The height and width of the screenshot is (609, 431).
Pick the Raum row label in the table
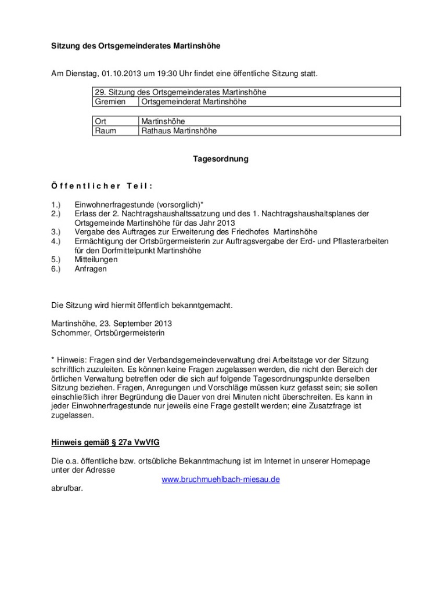click(x=105, y=131)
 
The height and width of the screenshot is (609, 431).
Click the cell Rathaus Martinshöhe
click(x=179, y=131)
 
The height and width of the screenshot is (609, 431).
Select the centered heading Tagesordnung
click(x=221, y=159)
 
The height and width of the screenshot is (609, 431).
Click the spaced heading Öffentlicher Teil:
click(x=102, y=186)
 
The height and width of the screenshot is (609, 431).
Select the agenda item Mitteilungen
click(x=96, y=260)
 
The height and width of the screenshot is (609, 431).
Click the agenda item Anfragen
click(x=91, y=269)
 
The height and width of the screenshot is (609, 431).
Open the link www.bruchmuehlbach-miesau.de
click(x=221, y=480)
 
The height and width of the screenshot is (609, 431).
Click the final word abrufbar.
click(x=67, y=488)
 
